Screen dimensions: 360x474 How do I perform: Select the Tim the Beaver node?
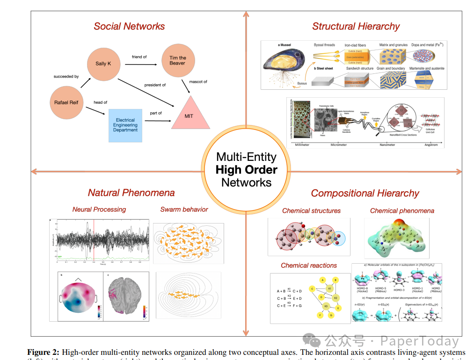pos(177,60)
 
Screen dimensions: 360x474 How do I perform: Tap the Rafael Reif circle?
pos(66,102)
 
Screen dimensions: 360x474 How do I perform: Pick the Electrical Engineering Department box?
pos(125,125)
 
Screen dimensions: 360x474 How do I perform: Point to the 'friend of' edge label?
pos(139,57)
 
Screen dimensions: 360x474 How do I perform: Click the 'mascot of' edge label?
pos(198,82)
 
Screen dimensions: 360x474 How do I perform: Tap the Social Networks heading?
pos(129,26)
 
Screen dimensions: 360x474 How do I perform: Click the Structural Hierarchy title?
pos(356,26)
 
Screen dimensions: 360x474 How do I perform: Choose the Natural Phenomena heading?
pos(131,193)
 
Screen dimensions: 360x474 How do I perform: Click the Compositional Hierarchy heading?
pos(365,193)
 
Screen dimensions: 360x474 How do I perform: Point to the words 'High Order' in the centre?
pos(246,170)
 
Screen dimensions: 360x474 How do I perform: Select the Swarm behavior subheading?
pos(184,209)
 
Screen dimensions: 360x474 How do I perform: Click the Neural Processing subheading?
pos(99,209)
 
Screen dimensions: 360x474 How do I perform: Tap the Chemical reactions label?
pos(309,265)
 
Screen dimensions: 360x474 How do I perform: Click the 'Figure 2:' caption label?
pos(44,352)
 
